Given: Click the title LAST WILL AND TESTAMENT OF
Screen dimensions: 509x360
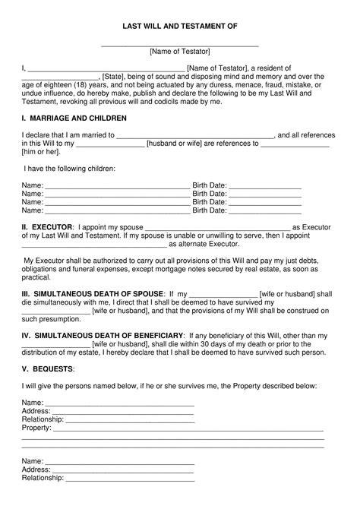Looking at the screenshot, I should click(x=180, y=26).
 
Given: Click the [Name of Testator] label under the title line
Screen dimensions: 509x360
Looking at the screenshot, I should click(x=180, y=51).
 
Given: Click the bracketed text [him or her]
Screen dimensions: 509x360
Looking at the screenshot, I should click(x=40, y=152).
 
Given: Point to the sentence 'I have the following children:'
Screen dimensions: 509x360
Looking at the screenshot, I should click(x=70, y=168).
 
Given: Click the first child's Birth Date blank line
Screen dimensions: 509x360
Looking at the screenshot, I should click(x=265, y=185).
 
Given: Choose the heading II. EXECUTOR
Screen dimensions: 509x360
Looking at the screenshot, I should click(x=47, y=226).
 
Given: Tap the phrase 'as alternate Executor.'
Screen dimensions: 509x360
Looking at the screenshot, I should click(x=204, y=245).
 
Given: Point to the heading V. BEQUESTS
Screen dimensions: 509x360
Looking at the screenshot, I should click(x=48, y=368).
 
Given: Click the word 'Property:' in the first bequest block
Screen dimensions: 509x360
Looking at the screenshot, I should click(x=36, y=428).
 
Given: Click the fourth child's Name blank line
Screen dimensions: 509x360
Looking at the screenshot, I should click(x=117, y=212).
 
